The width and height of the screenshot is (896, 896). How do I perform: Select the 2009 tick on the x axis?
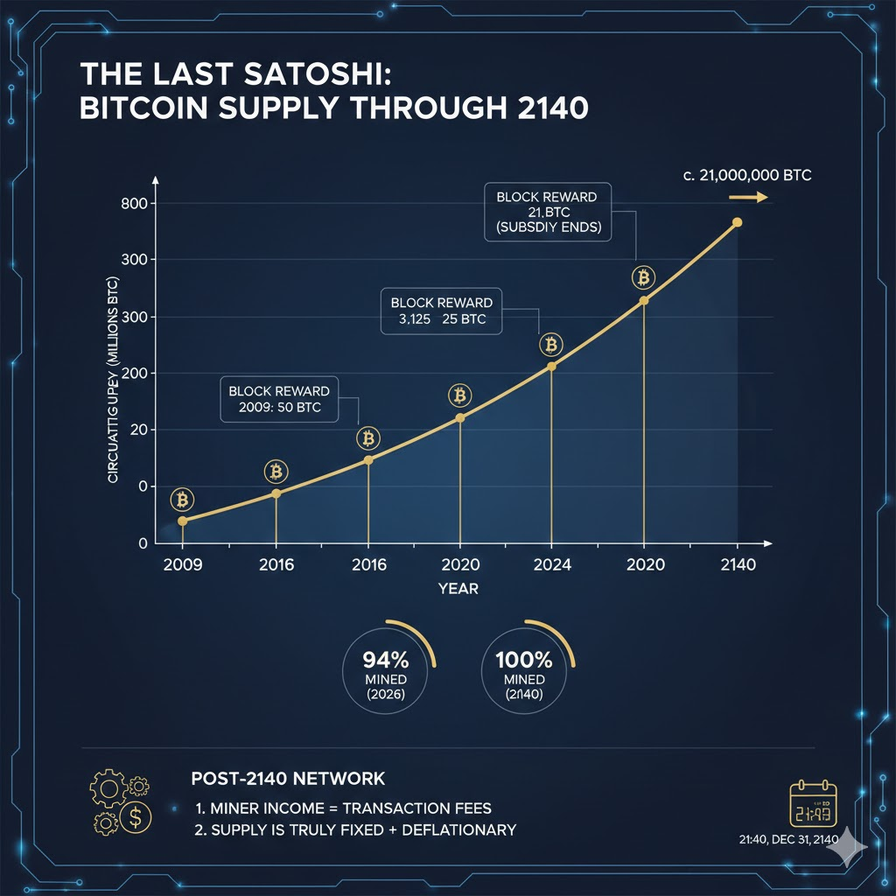pyautogui.click(x=182, y=564)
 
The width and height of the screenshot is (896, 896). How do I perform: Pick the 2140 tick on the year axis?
pyautogui.click(x=737, y=564)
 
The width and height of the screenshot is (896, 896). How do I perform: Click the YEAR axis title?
pyautogui.click(x=458, y=589)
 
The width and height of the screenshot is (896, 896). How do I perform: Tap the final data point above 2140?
pyautogui.click(x=737, y=222)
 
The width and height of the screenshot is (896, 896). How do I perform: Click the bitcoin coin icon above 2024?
pyautogui.click(x=551, y=344)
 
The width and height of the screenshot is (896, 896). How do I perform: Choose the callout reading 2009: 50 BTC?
pyautogui.click(x=279, y=399)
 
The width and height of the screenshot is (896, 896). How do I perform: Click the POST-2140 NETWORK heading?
pyautogui.click(x=287, y=778)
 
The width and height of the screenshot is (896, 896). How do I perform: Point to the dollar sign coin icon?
pyautogui.click(x=136, y=820)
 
